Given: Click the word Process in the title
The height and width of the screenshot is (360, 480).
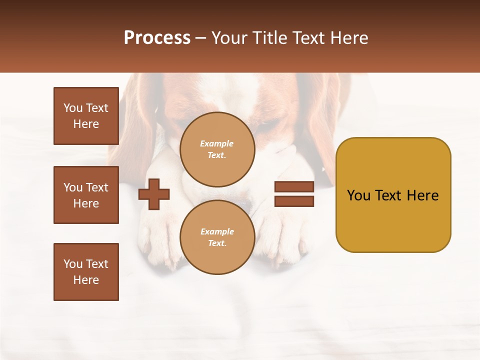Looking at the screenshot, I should pyautogui.click(x=157, y=38).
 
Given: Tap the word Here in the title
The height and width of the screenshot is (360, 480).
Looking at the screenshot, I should pyautogui.click(x=348, y=38).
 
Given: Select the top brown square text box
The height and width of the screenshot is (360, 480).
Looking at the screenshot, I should pyautogui.click(x=86, y=116).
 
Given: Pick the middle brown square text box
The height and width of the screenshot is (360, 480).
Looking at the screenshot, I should pyautogui.click(x=86, y=195).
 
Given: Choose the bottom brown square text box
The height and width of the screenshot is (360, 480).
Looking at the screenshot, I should pyautogui.click(x=86, y=272).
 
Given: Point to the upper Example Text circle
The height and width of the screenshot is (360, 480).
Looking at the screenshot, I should pyautogui.click(x=217, y=149).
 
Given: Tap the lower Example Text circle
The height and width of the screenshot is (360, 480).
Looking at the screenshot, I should pyautogui.click(x=217, y=237).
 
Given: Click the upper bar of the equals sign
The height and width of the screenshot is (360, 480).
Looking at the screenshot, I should pyautogui.click(x=294, y=187).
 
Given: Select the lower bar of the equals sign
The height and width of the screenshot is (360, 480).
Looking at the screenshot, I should pyautogui.click(x=294, y=201).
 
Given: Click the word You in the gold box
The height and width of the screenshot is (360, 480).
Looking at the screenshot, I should pyautogui.click(x=358, y=195).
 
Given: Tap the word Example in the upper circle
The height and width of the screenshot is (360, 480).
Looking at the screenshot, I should pyautogui.click(x=217, y=143).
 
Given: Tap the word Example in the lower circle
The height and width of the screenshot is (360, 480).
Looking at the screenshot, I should pyautogui.click(x=217, y=231).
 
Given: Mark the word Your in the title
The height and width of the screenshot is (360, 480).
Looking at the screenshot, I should pyautogui.click(x=230, y=38).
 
